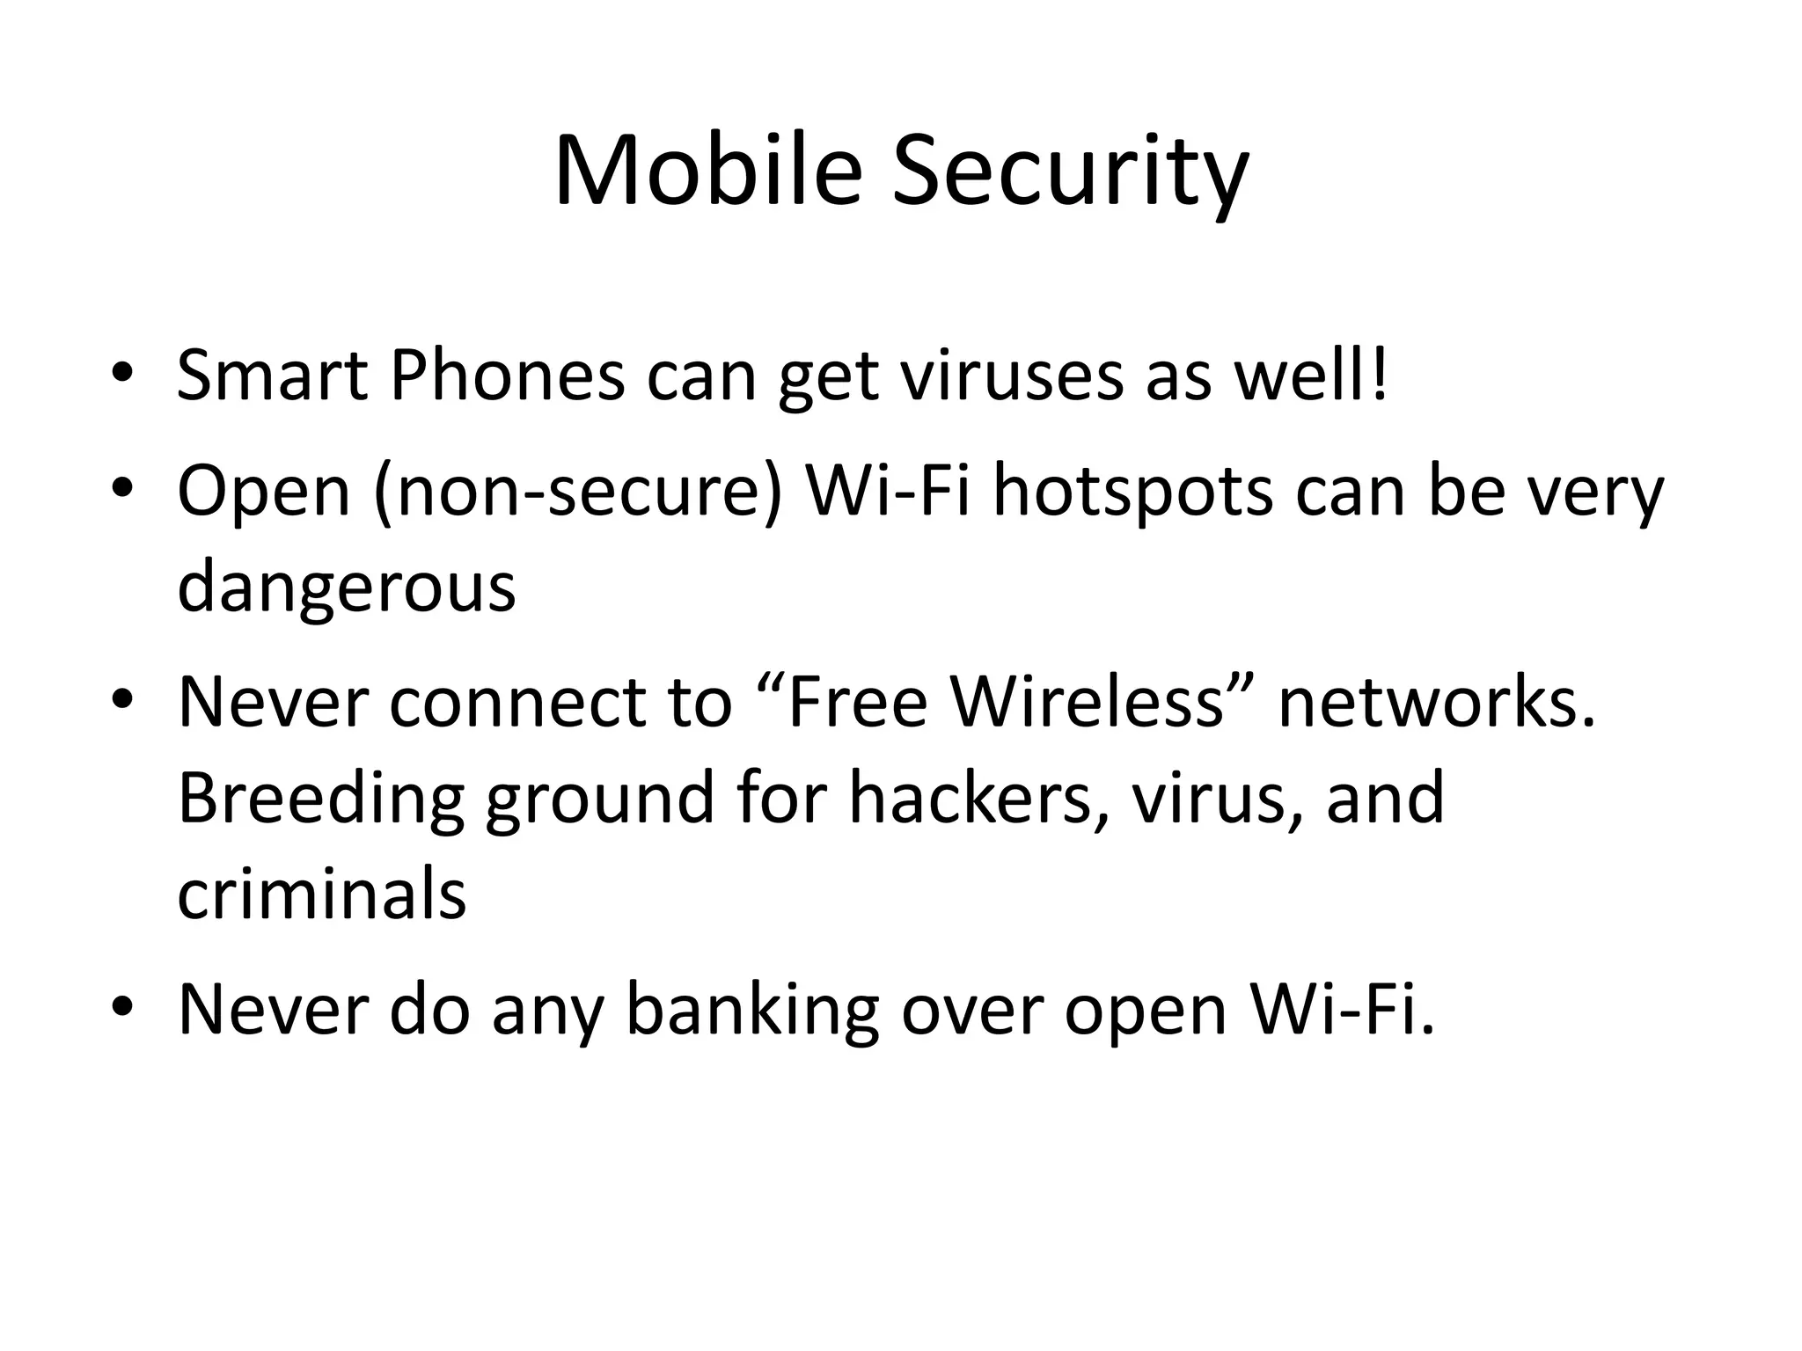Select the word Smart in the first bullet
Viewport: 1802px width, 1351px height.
(272, 376)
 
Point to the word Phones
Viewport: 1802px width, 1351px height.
(507, 376)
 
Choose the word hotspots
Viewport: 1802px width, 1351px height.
(1133, 493)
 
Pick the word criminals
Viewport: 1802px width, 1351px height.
(322, 894)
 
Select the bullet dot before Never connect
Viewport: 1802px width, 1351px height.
(122, 700)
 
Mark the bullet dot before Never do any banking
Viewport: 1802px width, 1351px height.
(122, 1006)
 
